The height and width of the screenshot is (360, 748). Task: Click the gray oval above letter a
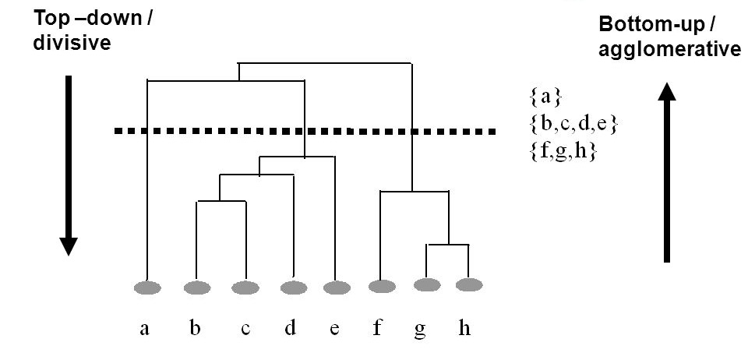pos(147,288)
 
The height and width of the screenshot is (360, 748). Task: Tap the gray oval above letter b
pos(196,288)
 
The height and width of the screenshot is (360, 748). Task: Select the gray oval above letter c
pos(245,288)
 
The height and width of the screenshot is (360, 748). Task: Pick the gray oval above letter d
pos(294,288)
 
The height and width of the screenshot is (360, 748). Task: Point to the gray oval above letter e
pos(337,288)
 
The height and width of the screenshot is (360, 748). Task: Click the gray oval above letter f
pos(381,286)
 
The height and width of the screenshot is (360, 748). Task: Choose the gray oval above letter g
pos(425,284)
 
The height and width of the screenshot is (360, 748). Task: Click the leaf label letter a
pos(145,328)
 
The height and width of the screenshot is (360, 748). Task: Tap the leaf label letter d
pos(290,328)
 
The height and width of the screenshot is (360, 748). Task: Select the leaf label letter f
pos(377,328)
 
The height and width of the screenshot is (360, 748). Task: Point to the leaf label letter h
pos(464,328)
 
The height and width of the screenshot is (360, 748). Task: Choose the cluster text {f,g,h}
pos(562,151)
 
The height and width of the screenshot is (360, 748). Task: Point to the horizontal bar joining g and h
pos(447,245)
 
